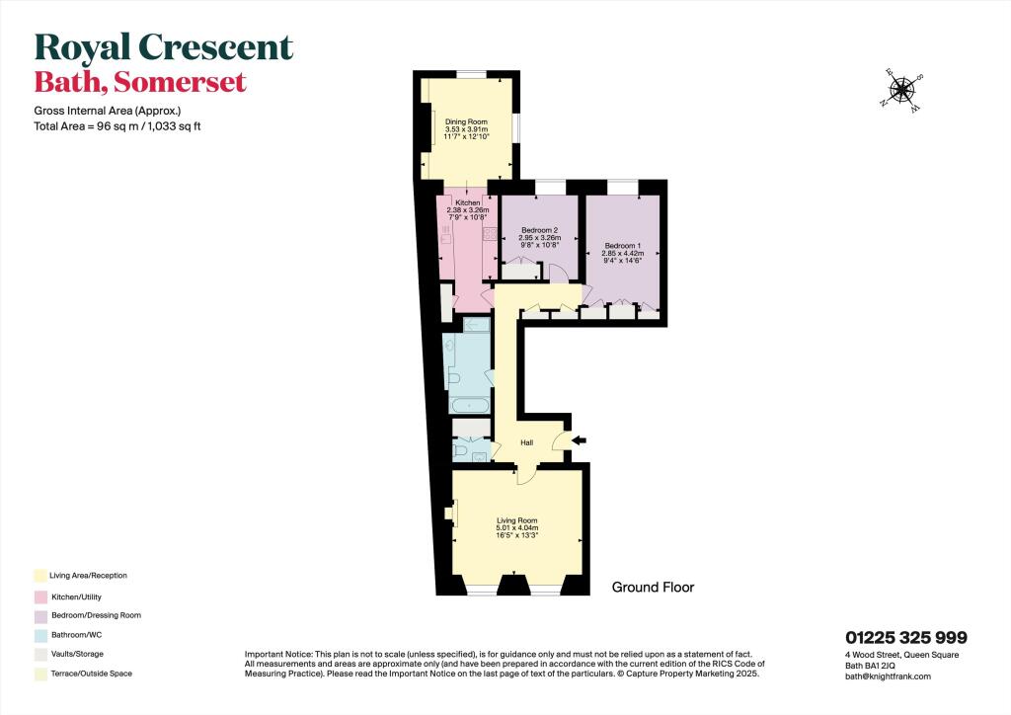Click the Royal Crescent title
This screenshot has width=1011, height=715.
164,47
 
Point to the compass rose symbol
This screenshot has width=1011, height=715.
901,90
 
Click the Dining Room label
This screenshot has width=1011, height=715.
466,121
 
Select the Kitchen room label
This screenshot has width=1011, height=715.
467,202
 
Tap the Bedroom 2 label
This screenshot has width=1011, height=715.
539,230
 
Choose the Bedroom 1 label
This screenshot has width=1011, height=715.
622,245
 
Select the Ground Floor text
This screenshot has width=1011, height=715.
653,588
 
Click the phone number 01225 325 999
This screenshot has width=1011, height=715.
905,638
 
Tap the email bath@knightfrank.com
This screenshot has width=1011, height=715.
888,675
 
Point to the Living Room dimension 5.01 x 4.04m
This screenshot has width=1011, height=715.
516,530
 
